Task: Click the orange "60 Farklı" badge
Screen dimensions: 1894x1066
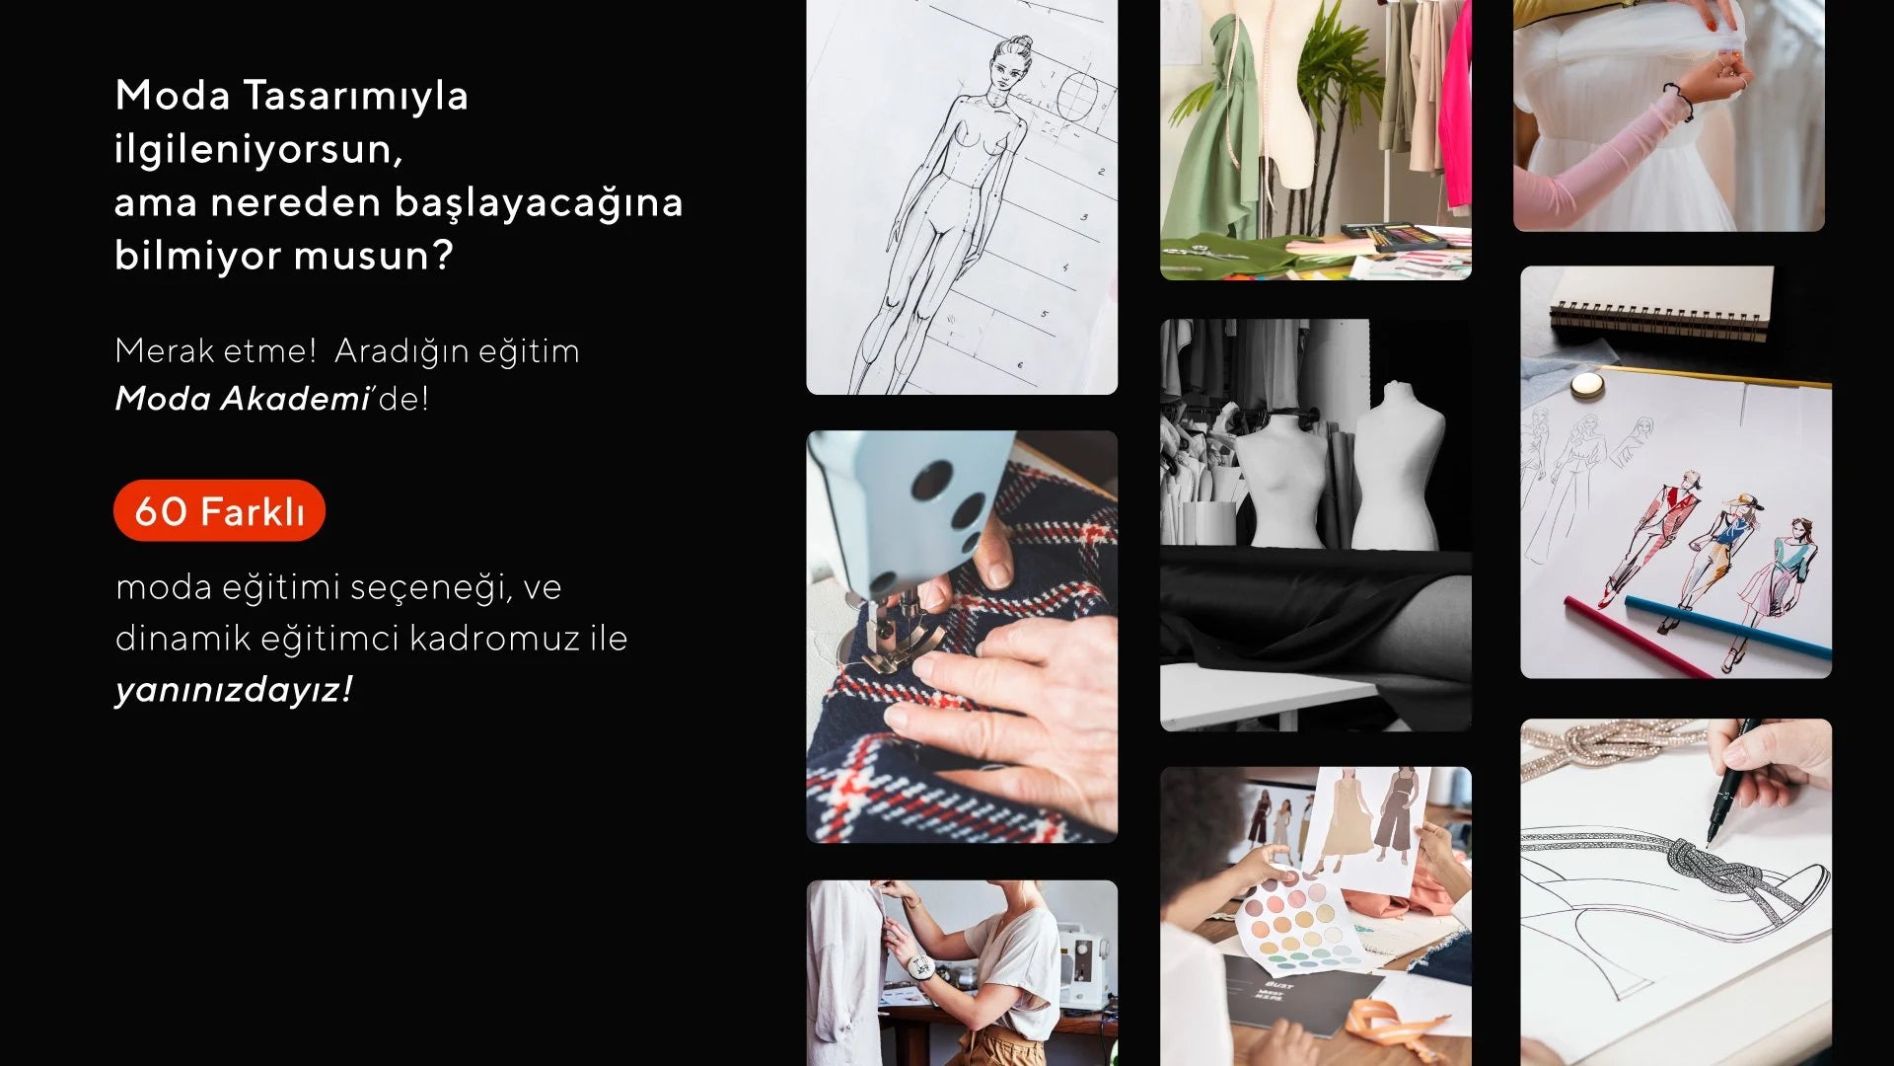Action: tap(219, 510)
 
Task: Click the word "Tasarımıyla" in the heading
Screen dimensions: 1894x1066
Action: tap(355, 96)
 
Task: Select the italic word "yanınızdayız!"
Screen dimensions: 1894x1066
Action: tap(234, 689)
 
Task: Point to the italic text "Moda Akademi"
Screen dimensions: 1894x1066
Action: tap(242, 399)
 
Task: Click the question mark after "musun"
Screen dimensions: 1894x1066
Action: tap(443, 256)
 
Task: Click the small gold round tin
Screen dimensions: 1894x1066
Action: tap(1586, 384)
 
